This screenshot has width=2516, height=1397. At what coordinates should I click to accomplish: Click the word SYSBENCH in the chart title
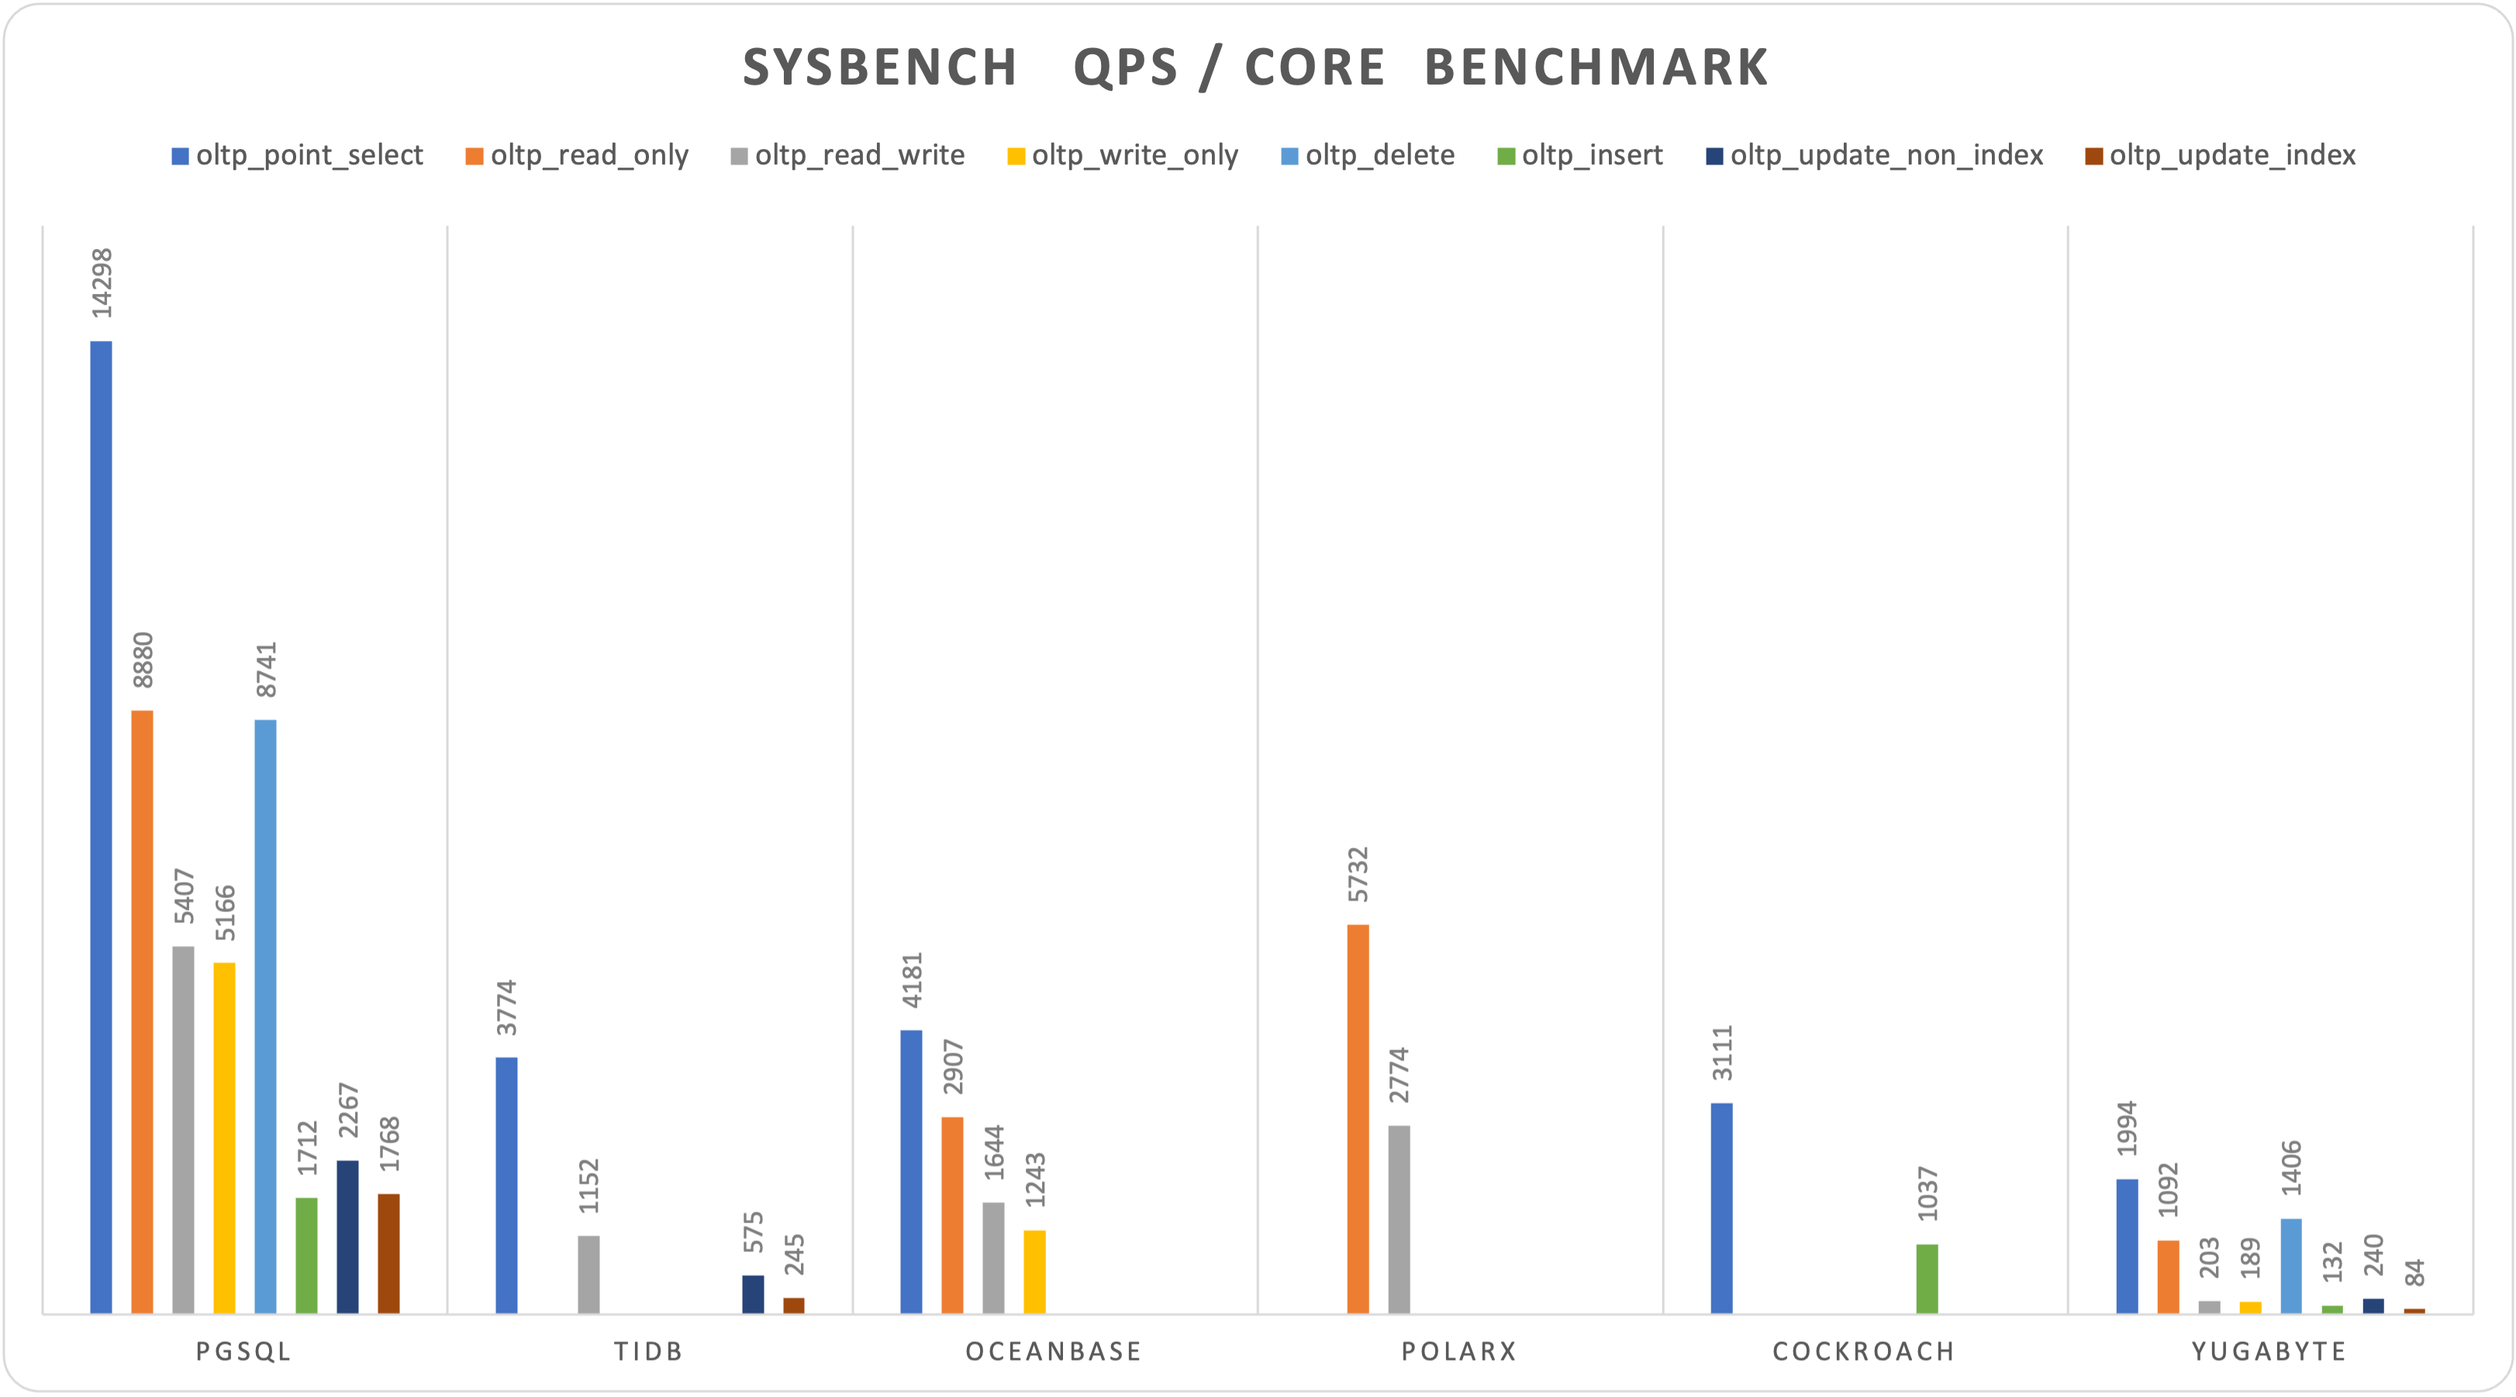coord(880,68)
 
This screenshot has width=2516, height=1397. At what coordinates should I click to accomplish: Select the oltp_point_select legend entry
coord(297,155)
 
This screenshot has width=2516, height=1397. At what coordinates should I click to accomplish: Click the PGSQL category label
coord(244,1351)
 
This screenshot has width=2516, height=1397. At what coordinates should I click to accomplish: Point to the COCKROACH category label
coord(1864,1351)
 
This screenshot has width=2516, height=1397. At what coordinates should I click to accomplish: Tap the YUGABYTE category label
coord(2269,1351)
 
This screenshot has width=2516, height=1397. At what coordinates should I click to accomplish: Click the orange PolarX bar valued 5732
coord(1358,1119)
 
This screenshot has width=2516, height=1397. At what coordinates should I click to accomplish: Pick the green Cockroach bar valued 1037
coord(1927,1279)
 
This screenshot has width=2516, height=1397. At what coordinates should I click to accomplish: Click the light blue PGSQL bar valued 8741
coord(266,1016)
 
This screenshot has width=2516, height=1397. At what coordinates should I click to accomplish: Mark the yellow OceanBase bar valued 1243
coord(1034,1272)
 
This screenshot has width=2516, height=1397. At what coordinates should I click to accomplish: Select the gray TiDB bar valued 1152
coord(589,1275)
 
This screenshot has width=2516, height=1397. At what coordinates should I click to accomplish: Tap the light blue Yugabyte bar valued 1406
coord(2291,1266)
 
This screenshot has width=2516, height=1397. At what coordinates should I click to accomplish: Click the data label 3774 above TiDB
coord(507,1007)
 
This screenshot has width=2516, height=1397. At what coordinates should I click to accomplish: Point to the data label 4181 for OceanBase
coord(913,980)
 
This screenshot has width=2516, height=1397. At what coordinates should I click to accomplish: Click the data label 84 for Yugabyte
coord(2414,1273)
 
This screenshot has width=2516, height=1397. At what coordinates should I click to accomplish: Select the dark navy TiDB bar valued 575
coord(753,1295)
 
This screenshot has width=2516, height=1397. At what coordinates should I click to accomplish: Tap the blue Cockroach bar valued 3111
coord(1722,1209)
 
